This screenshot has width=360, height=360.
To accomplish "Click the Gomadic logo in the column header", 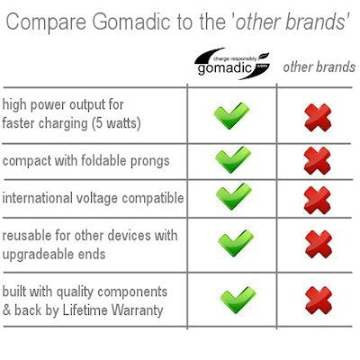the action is [x=231, y=64].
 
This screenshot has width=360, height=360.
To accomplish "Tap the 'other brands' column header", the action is [x=319, y=67].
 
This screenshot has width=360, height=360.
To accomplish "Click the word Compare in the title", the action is [x=46, y=22].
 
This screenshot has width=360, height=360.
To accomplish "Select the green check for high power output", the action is [x=231, y=116].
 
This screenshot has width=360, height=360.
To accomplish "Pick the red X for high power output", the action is [x=318, y=117].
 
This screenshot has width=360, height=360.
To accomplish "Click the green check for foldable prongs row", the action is [x=233, y=159].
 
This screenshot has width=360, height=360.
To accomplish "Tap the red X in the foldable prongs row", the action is [x=317, y=160].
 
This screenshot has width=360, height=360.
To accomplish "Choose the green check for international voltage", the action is [x=233, y=196].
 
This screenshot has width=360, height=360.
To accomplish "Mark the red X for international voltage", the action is [x=318, y=200].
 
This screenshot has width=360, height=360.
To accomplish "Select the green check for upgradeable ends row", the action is [x=236, y=243].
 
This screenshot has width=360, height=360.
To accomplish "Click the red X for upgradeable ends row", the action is [x=319, y=244].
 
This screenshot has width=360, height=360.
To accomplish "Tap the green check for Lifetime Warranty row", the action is [x=238, y=300].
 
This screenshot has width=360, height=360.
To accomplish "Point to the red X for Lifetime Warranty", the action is [x=319, y=301].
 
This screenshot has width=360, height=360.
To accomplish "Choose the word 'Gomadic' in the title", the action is [x=131, y=22].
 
